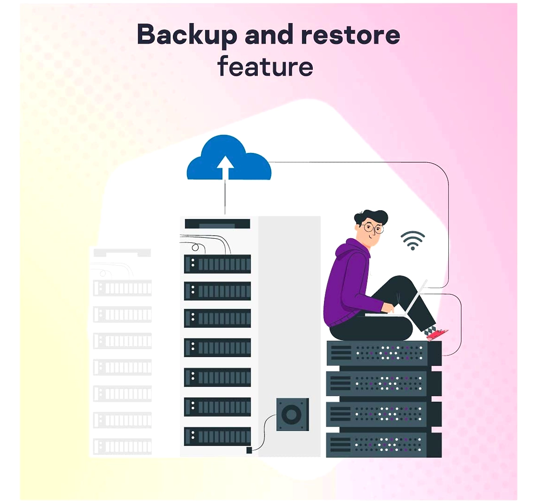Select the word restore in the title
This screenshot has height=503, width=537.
pyautogui.click(x=351, y=35)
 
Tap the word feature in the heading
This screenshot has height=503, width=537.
pyautogui.click(x=265, y=66)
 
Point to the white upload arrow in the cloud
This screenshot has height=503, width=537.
pyautogui.click(x=225, y=167)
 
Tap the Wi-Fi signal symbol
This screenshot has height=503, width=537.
pyautogui.click(x=413, y=240)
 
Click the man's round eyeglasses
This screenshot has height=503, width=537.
pyautogui.click(x=373, y=228)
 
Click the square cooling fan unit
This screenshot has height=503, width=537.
pyautogui.click(x=293, y=414)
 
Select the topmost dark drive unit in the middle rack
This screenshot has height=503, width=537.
pyautogui.click(x=217, y=264)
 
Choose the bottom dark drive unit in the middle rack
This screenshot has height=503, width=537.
pyautogui.click(x=217, y=436)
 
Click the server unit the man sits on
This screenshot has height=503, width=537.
pyautogui.click(x=384, y=353)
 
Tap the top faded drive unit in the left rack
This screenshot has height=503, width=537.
pyautogui.click(x=122, y=288)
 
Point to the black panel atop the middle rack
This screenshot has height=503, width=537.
pyautogui.click(x=217, y=224)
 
